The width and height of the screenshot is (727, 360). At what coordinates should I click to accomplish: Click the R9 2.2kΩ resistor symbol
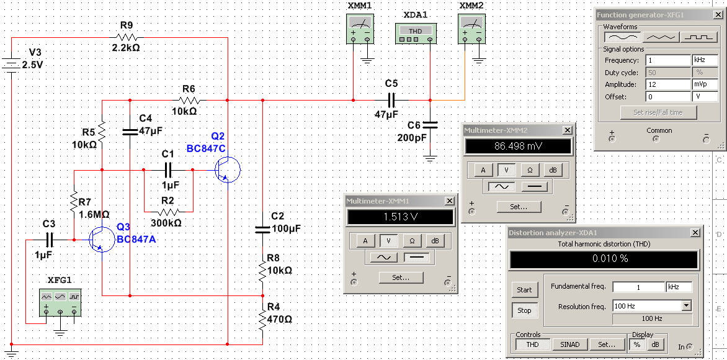127,37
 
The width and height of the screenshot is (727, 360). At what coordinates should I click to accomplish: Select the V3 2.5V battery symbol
11,65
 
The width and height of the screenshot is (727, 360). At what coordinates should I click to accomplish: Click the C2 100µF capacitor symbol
262,229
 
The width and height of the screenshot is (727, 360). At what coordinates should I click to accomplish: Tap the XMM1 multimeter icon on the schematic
360,29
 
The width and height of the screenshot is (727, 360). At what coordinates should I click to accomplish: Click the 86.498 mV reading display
517,146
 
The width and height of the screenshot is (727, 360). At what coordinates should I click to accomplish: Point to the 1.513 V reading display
399,217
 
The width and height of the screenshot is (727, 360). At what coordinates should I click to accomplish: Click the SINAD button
570,344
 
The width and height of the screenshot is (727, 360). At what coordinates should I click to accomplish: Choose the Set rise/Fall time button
658,112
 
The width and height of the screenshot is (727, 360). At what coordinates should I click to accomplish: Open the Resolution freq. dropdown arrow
686,305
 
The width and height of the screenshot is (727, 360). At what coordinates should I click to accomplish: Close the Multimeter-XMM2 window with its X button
567,130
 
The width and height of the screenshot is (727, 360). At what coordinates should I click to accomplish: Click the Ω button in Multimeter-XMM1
413,240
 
